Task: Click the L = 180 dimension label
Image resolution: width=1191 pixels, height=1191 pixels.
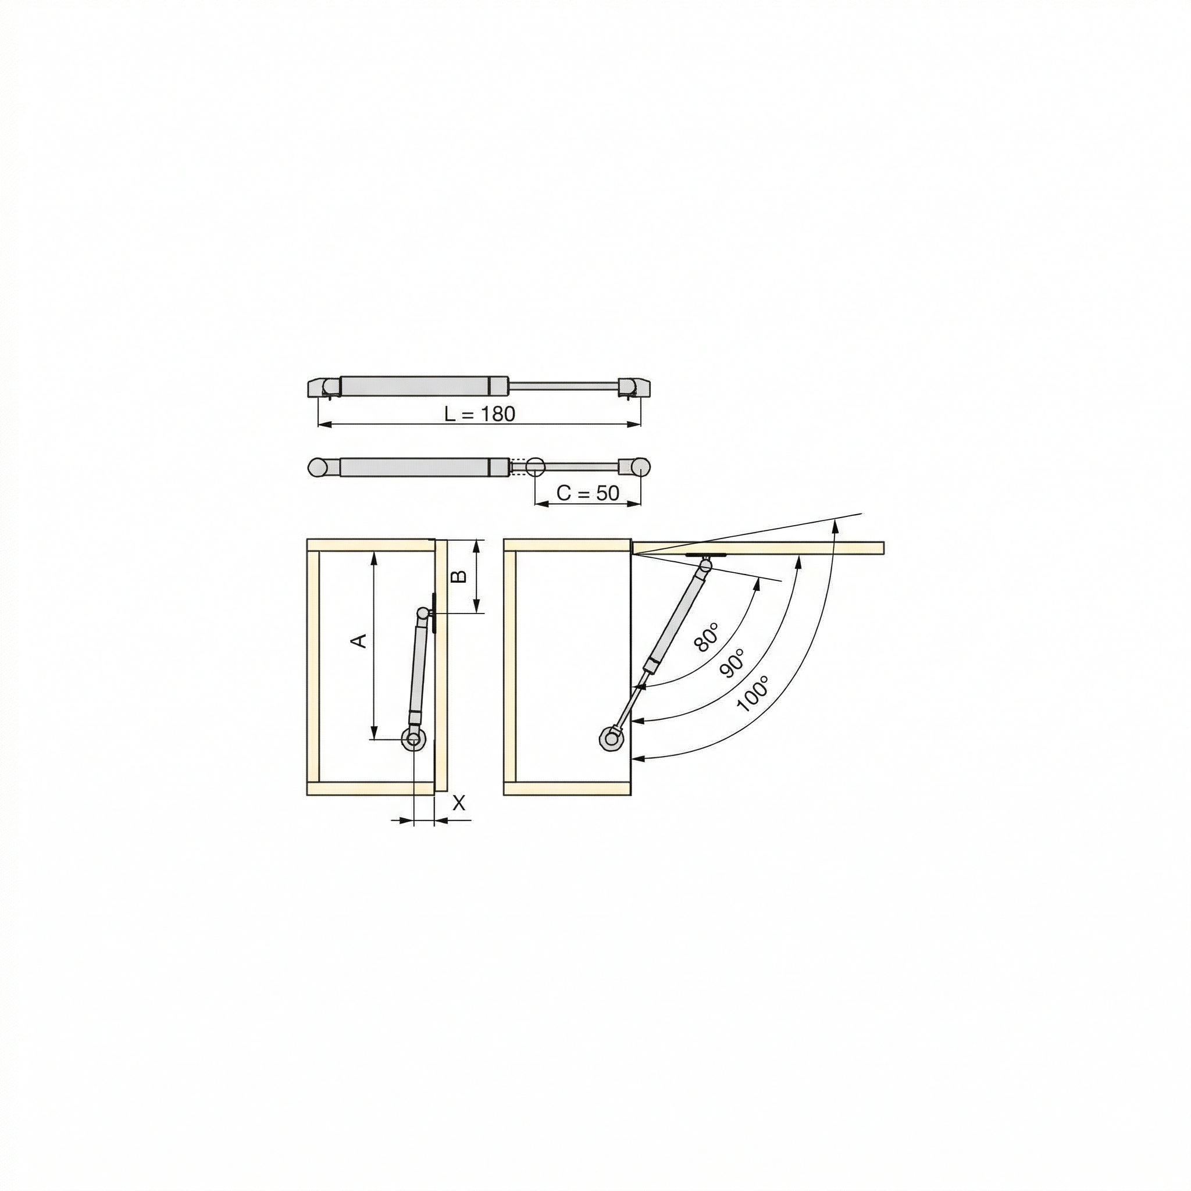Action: pos(480,413)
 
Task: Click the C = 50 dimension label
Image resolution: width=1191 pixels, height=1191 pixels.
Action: pos(587,493)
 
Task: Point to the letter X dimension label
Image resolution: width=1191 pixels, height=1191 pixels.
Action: pos(459,803)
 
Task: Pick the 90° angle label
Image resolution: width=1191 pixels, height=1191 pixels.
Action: pos(732,664)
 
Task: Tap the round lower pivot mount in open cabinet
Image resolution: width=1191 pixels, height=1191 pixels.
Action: pos(612,738)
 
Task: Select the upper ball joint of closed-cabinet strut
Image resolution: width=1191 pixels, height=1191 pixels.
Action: pos(423,614)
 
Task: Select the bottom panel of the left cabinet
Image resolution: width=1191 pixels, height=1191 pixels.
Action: pos(370,788)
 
